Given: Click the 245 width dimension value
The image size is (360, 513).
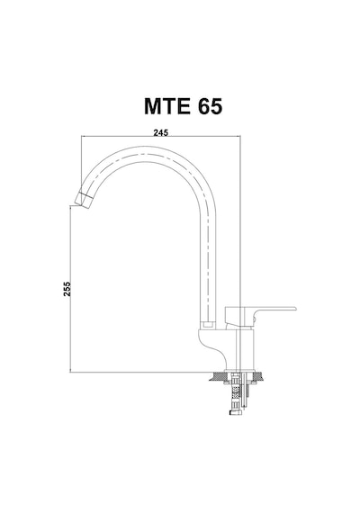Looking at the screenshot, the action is (161, 132).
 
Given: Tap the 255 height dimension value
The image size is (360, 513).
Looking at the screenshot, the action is (67, 289).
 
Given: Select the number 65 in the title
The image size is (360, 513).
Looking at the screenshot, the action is (210, 106).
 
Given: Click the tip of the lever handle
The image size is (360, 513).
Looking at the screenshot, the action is (295, 308).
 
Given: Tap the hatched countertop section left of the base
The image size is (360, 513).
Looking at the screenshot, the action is (217, 376).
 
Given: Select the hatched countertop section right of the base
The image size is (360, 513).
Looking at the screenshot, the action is (257, 376).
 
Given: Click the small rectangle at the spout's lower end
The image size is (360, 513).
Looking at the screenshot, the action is (208, 325).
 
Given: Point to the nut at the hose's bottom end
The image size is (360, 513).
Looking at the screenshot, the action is (235, 413).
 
